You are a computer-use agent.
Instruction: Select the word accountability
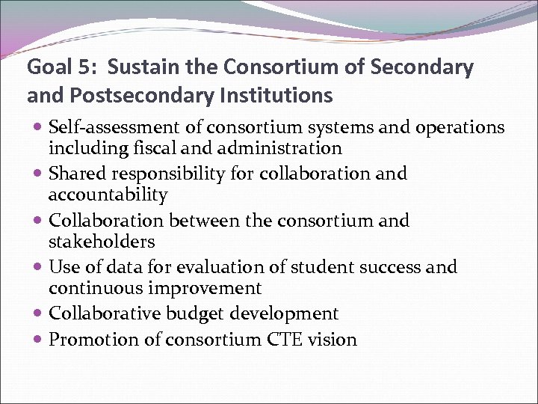pyautogui.click(x=108, y=195)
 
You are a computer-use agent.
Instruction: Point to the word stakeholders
pyautogui.click(x=102, y=242)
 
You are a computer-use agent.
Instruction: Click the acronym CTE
pyautogui.click(x=285, y=340)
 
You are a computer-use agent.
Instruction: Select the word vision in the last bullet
pyautogui.click(x=333, y=340)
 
